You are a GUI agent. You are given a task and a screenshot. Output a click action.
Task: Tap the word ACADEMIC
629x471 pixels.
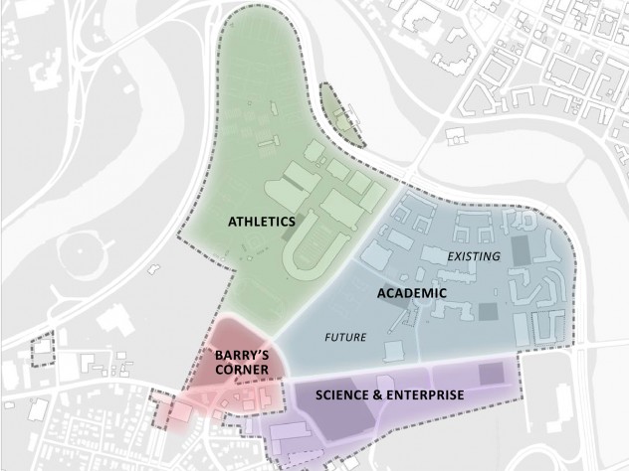pos(411,295)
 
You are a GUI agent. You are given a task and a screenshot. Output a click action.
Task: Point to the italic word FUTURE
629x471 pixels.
pos(346,337)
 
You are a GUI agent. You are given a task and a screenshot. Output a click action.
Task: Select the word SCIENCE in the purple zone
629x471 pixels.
pos(345,394)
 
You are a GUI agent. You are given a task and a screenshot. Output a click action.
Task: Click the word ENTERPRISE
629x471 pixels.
pos(429,394)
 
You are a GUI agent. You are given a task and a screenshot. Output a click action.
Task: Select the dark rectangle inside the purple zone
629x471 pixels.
pos(490,375)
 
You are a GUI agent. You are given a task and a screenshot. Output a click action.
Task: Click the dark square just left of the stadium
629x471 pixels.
pos(288,224)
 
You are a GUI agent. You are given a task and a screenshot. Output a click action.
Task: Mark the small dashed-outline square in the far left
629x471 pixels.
pos(43,352)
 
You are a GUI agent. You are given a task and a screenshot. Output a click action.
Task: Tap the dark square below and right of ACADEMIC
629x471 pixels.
pos(487,311)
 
